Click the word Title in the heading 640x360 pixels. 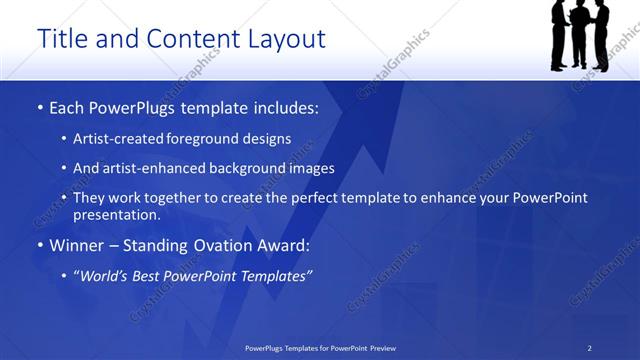61,39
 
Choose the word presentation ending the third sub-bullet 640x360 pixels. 116,215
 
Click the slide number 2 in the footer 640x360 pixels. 590,348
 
